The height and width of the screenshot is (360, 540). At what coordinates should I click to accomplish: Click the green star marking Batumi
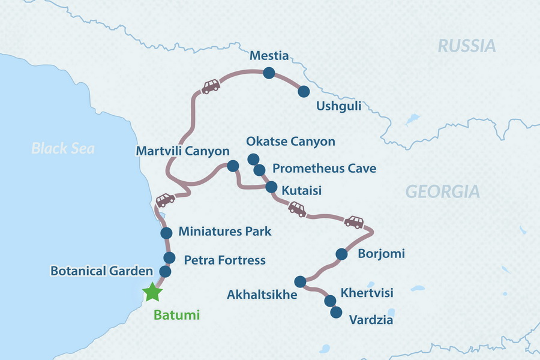pyautogui.click(x=152, y=292)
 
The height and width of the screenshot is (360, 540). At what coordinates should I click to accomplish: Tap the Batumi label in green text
pyautogui.click(x=177, y=314)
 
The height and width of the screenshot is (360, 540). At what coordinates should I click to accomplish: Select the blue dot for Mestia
pyautogui.click(x=268, y=73)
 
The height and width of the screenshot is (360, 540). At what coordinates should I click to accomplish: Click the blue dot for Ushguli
pyautogui.click(x=304, y=91)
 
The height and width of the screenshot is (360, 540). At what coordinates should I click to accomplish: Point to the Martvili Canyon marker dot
pyautogui.click(x=232, y=166)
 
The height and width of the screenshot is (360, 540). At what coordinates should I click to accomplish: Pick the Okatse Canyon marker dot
pyautogui.click(x=253, y=160)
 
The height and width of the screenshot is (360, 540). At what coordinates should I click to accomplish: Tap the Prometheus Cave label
pyautogui.click(x=324, y=169)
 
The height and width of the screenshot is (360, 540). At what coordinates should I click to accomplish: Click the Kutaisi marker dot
pyautogui.click(x=271, y=186)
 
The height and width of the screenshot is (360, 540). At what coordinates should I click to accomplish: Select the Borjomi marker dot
pyautogui.click(x=341, y=254)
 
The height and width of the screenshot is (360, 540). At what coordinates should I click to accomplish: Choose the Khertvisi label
pyautogui.click(x=367, y=293)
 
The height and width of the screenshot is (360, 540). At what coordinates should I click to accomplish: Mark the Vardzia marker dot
pyautogui.click(x=336, y=312)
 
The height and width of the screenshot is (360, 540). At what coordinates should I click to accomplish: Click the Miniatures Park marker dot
pyautogui.click(x=166, y=233)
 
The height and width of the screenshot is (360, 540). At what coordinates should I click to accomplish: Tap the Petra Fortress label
pyautogui.click(x=224, y=260)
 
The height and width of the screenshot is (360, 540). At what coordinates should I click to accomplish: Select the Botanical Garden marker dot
pyautogui.click(x=165, y=271)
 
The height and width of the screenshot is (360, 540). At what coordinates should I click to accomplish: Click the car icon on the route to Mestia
pyautogui.click(x=210, y=87)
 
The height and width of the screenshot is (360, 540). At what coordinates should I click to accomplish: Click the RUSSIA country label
pyautogui.click(x=467, y=46)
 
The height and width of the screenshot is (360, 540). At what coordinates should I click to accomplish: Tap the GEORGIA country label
pyautogui.click(x=443, y=191)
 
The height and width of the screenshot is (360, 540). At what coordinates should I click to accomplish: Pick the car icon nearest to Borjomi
pyautogui.click(x=353, y=222)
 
